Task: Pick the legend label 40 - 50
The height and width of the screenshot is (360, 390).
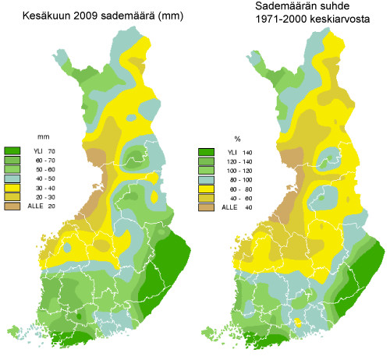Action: pyautogui.click(x=37, y=178)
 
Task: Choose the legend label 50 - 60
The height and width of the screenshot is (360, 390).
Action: pyautogui.click(x=37, y=169)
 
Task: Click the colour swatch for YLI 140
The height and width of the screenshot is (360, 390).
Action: pyautogui.click(x=206, y=152)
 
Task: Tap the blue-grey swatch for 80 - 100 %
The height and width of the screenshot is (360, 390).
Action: pyautogui.click(x=206, y=180)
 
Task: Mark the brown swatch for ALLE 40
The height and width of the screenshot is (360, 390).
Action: pyautogui.click(x=206, y=208)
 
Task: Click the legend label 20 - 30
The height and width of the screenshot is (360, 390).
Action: pyautogui.click(x=37, y=197)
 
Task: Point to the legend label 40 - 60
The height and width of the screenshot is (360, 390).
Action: pyautogui.click(x=231, y=199)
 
